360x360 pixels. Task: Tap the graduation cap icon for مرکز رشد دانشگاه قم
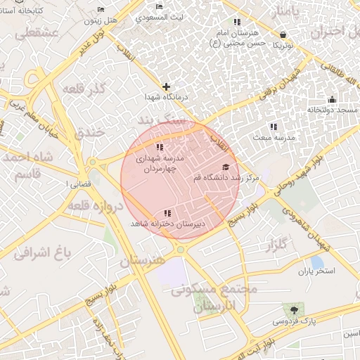pyautogui.click(x=226, y=167)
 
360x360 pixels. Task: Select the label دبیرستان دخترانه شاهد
pyautogui.click(x=167, y=224)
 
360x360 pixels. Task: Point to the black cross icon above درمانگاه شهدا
pyautogui.click(x=166, y=86)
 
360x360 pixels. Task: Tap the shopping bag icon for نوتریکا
pyautogui.click(x=283, y=34)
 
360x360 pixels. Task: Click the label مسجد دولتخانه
pyautogui.click(x=333, y=110)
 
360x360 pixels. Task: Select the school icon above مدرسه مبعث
pyautogui.click(x=273, y=127)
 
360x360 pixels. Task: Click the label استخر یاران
pyautogui.click(x=316, y=271)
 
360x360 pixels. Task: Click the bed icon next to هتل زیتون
pyautogui.click(x=101, y=9)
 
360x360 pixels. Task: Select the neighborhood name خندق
pyautogui.click(x=89, y=132)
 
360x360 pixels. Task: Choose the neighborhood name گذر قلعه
pyautogui.click(x=84, y=90)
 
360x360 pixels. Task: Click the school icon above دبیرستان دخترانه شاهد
pyautogui.click(x=167, y=212)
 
